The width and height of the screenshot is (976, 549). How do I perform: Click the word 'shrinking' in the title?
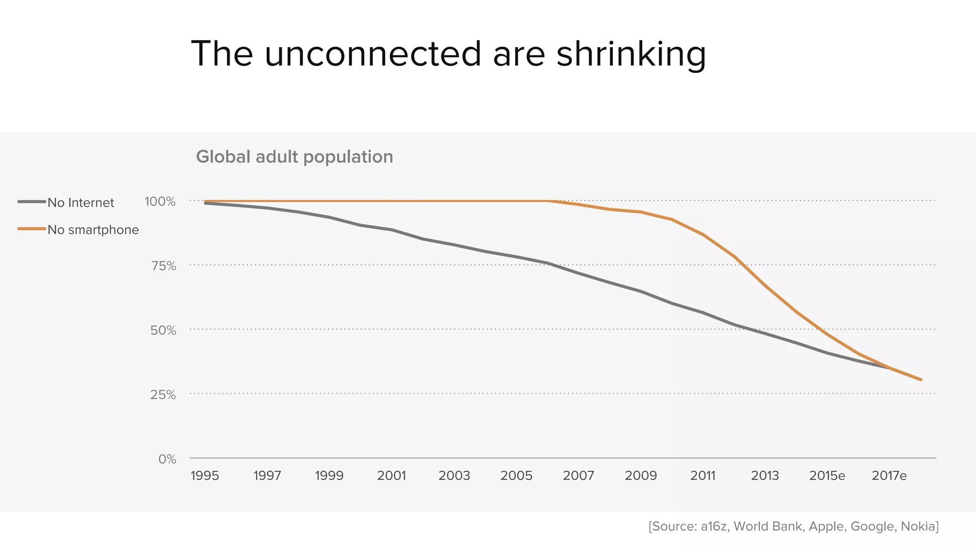click(x=631, y=54)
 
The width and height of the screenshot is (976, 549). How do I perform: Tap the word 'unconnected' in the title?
click(x=373, y=54)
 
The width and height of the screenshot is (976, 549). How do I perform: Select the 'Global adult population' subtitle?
click(x=295, y=157)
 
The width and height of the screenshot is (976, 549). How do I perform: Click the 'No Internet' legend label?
click(x=81, y=203)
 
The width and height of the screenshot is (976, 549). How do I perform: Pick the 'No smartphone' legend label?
click(x=93, y=230)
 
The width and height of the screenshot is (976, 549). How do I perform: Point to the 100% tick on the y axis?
click(x=160, y=202)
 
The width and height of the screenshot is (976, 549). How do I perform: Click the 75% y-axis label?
click(x=163, y=266)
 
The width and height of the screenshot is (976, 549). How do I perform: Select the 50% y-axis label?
click(x=163, y=330)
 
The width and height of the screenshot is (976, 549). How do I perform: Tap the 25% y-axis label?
click(x=163, y=395)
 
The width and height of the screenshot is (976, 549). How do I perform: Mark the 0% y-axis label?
click(x=167, y=459)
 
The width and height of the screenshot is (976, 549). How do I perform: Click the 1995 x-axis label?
click(x=205, y=476)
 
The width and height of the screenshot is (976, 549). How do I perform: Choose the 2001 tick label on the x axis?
click(x=391, y=476)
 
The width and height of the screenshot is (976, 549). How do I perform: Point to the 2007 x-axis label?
click(x=578, y=476)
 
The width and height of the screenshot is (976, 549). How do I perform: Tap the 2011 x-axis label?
click(x=702, y=476)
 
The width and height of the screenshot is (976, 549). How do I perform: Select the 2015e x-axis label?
click(x=827, y=476)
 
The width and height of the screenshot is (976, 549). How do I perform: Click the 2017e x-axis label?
click(x=889, y=476)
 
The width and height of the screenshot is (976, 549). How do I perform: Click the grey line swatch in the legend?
click(x=32, y=202)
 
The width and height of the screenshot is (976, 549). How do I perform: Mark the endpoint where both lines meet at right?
click(x=921, y=379)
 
